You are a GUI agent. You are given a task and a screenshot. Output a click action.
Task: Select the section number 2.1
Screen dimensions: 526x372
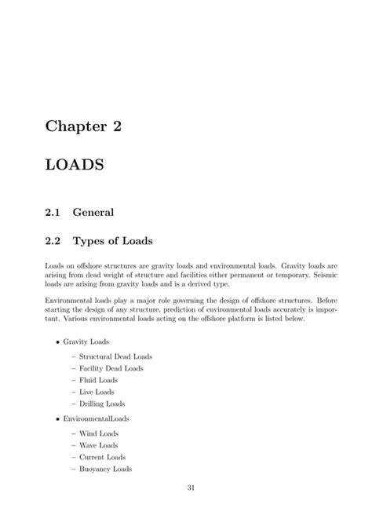53,211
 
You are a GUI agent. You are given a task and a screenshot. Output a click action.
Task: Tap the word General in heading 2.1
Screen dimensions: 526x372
93,211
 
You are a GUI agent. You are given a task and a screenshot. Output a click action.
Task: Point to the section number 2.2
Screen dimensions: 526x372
53,239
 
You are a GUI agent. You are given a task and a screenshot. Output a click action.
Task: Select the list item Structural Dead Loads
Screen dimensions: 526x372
115,356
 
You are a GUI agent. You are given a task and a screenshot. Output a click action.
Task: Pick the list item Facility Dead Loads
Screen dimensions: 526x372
111,368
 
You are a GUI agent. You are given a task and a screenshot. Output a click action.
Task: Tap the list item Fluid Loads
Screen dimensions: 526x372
98,379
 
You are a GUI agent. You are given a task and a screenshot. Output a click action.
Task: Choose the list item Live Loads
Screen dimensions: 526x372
97,391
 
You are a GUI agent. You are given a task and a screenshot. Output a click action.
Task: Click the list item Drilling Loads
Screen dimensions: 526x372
102,403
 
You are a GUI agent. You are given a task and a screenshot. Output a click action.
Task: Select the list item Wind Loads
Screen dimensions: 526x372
98,433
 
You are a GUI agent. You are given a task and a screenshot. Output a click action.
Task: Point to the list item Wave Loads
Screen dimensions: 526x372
98,445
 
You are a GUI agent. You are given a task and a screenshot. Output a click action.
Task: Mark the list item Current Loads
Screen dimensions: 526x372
102,457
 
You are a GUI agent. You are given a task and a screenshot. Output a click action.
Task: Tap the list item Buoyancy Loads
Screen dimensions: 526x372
105,469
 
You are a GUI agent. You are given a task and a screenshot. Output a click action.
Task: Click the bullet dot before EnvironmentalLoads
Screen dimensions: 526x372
57,419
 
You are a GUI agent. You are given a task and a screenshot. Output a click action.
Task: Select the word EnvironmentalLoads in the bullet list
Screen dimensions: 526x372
97,418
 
